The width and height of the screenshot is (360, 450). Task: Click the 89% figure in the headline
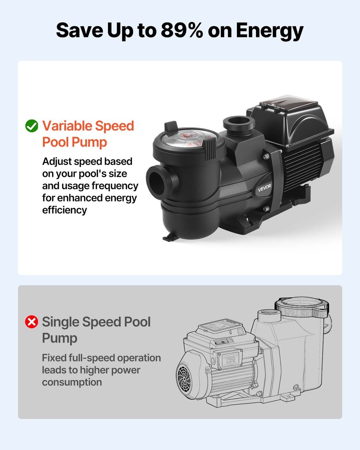[x=182, y=30]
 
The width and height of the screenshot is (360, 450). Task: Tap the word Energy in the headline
[x=270, y=32]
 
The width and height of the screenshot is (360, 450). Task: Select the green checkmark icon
[x=32, y=126]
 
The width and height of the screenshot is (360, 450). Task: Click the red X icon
[x=32, y=322]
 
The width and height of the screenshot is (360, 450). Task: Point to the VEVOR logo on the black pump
[x=264, y=188]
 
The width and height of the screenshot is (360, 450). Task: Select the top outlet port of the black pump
[x=239, y=123]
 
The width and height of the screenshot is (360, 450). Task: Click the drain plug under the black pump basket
[x=169, y=238]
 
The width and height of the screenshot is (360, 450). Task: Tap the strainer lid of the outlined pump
[x=302, y=307]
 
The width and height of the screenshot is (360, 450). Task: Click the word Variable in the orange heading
[x=67, y=126]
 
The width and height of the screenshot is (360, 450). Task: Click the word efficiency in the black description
[x=64, y=210]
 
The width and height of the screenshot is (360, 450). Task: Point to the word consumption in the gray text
[x=72, y=382]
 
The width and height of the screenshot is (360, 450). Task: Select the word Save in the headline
[x=79, y=31]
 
